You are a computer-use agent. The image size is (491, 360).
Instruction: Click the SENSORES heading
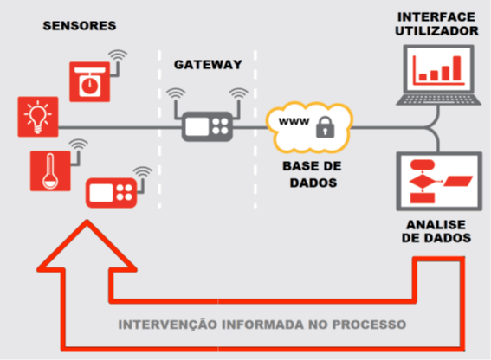pyautogui.click(x=80, y=26)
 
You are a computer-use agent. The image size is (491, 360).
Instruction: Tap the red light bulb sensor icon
pyautogui.click(x=38, y=117)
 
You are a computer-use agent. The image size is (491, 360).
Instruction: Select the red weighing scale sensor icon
pyautogui.click(x=89, y=81)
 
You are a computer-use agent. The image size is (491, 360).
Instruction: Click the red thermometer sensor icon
pyautogui.click(x=50, y=171)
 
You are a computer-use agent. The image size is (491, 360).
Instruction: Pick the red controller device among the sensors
pyautogui.click(x=111, y=193)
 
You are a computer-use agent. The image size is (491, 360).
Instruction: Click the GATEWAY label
pyautogui.click(x=208, y=65)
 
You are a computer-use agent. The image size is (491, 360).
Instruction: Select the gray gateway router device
pyautogui.click(x=207, y=126)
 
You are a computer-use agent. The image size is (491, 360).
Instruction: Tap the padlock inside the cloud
pyautogui.click(x=325, y=127)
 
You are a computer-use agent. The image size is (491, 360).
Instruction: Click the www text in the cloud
pyautogui.click(x=294, y=121)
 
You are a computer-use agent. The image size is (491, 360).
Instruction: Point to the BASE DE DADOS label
pyautogui.click(x=313, y=174)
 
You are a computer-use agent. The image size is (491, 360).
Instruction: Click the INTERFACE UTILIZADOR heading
pyautogui.click(x=436, y=23)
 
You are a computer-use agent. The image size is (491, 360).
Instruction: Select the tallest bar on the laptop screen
pyautogui.click(x=457, y=67)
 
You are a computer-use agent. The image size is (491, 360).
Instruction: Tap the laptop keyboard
pyautogui.click(x=438, y=100)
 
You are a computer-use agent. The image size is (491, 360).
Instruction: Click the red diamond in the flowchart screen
pyautogui.click(x=422, y=181)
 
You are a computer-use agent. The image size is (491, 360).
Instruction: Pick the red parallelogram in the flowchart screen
pyautogui.click(x=458, y=181)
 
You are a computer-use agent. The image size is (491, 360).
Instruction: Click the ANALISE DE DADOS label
pyautogui.click(x=436, y=231)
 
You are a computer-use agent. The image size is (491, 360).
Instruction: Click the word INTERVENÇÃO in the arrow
pyautogui.click(x=167, y=325)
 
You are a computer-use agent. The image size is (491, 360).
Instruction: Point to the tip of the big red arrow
pyautogui.click(x=87, y=221)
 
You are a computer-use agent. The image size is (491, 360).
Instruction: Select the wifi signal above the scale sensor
pyautogui.click(x=118, y=55)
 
